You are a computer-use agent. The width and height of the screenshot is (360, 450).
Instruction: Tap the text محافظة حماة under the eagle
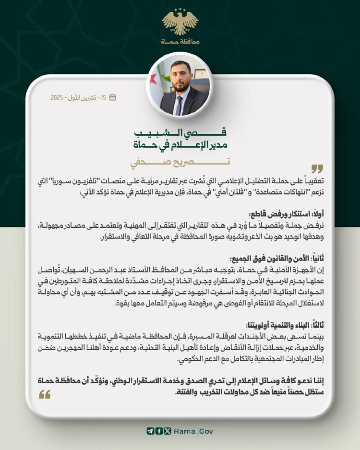coord(180,42)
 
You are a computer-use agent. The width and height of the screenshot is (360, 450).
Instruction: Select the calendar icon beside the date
coord(113,97)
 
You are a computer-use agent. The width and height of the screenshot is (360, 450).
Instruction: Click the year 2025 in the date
coord(58,97)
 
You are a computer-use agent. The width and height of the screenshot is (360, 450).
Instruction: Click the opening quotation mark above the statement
coord(317,169)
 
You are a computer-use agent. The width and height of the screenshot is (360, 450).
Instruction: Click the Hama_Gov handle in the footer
coord(193,431)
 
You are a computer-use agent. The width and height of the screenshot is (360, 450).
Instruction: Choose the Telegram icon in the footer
coord(150,431)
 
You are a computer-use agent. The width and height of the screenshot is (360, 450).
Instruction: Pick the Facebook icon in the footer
coord(159,431)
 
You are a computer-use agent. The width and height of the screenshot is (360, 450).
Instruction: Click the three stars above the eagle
coord(180,9)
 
